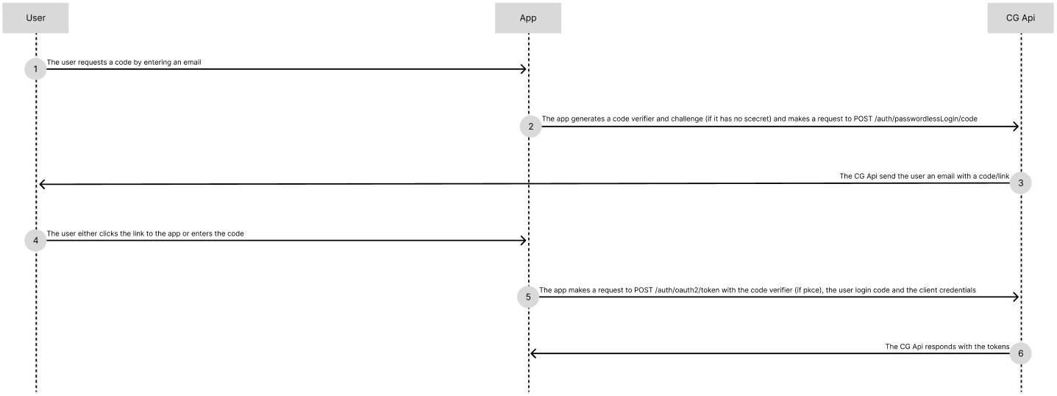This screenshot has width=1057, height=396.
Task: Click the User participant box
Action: point(35,18)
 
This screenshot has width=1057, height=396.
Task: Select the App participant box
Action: point(527,18)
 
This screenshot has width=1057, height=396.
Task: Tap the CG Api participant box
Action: point(1020,18)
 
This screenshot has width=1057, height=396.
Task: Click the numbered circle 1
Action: point(35,69)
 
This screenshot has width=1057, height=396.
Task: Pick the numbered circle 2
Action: point(530,127)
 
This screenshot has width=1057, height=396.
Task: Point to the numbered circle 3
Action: point(1020,183)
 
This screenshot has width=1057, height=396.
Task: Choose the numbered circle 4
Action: point(35,241)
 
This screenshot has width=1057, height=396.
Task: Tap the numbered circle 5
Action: point(528,297)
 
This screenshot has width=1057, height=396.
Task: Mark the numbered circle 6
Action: point(1020,354)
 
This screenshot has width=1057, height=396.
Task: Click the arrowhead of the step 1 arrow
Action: point(524,69)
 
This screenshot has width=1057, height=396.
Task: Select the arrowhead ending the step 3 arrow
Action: point(42,184)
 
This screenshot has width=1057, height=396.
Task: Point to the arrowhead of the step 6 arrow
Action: point(534,354)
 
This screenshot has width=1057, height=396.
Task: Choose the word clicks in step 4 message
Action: point(110,233)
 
